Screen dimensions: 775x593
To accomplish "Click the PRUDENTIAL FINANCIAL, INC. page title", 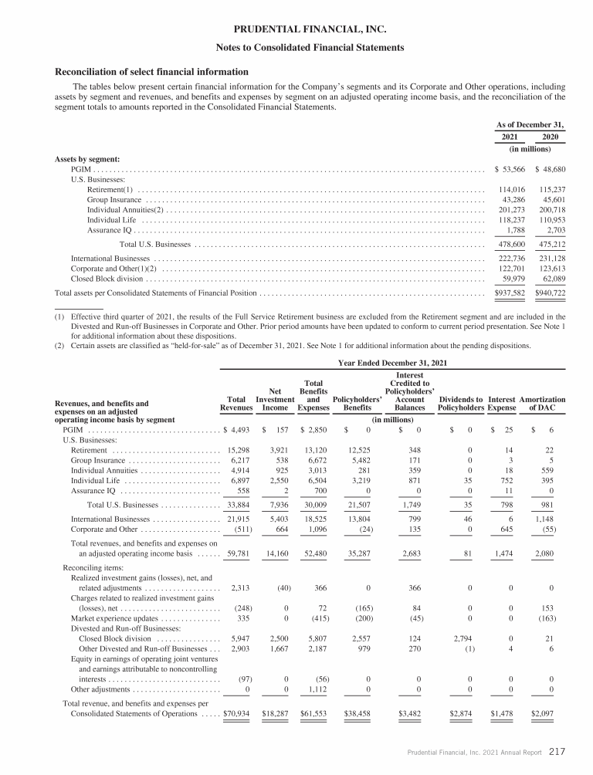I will click(x=297, y=30).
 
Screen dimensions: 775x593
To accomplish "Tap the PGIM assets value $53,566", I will click(x=510, y=169).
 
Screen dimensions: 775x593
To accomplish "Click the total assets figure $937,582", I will click(x=510, y=293).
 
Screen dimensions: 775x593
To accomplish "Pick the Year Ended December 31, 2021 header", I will click(x=394, y=363).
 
